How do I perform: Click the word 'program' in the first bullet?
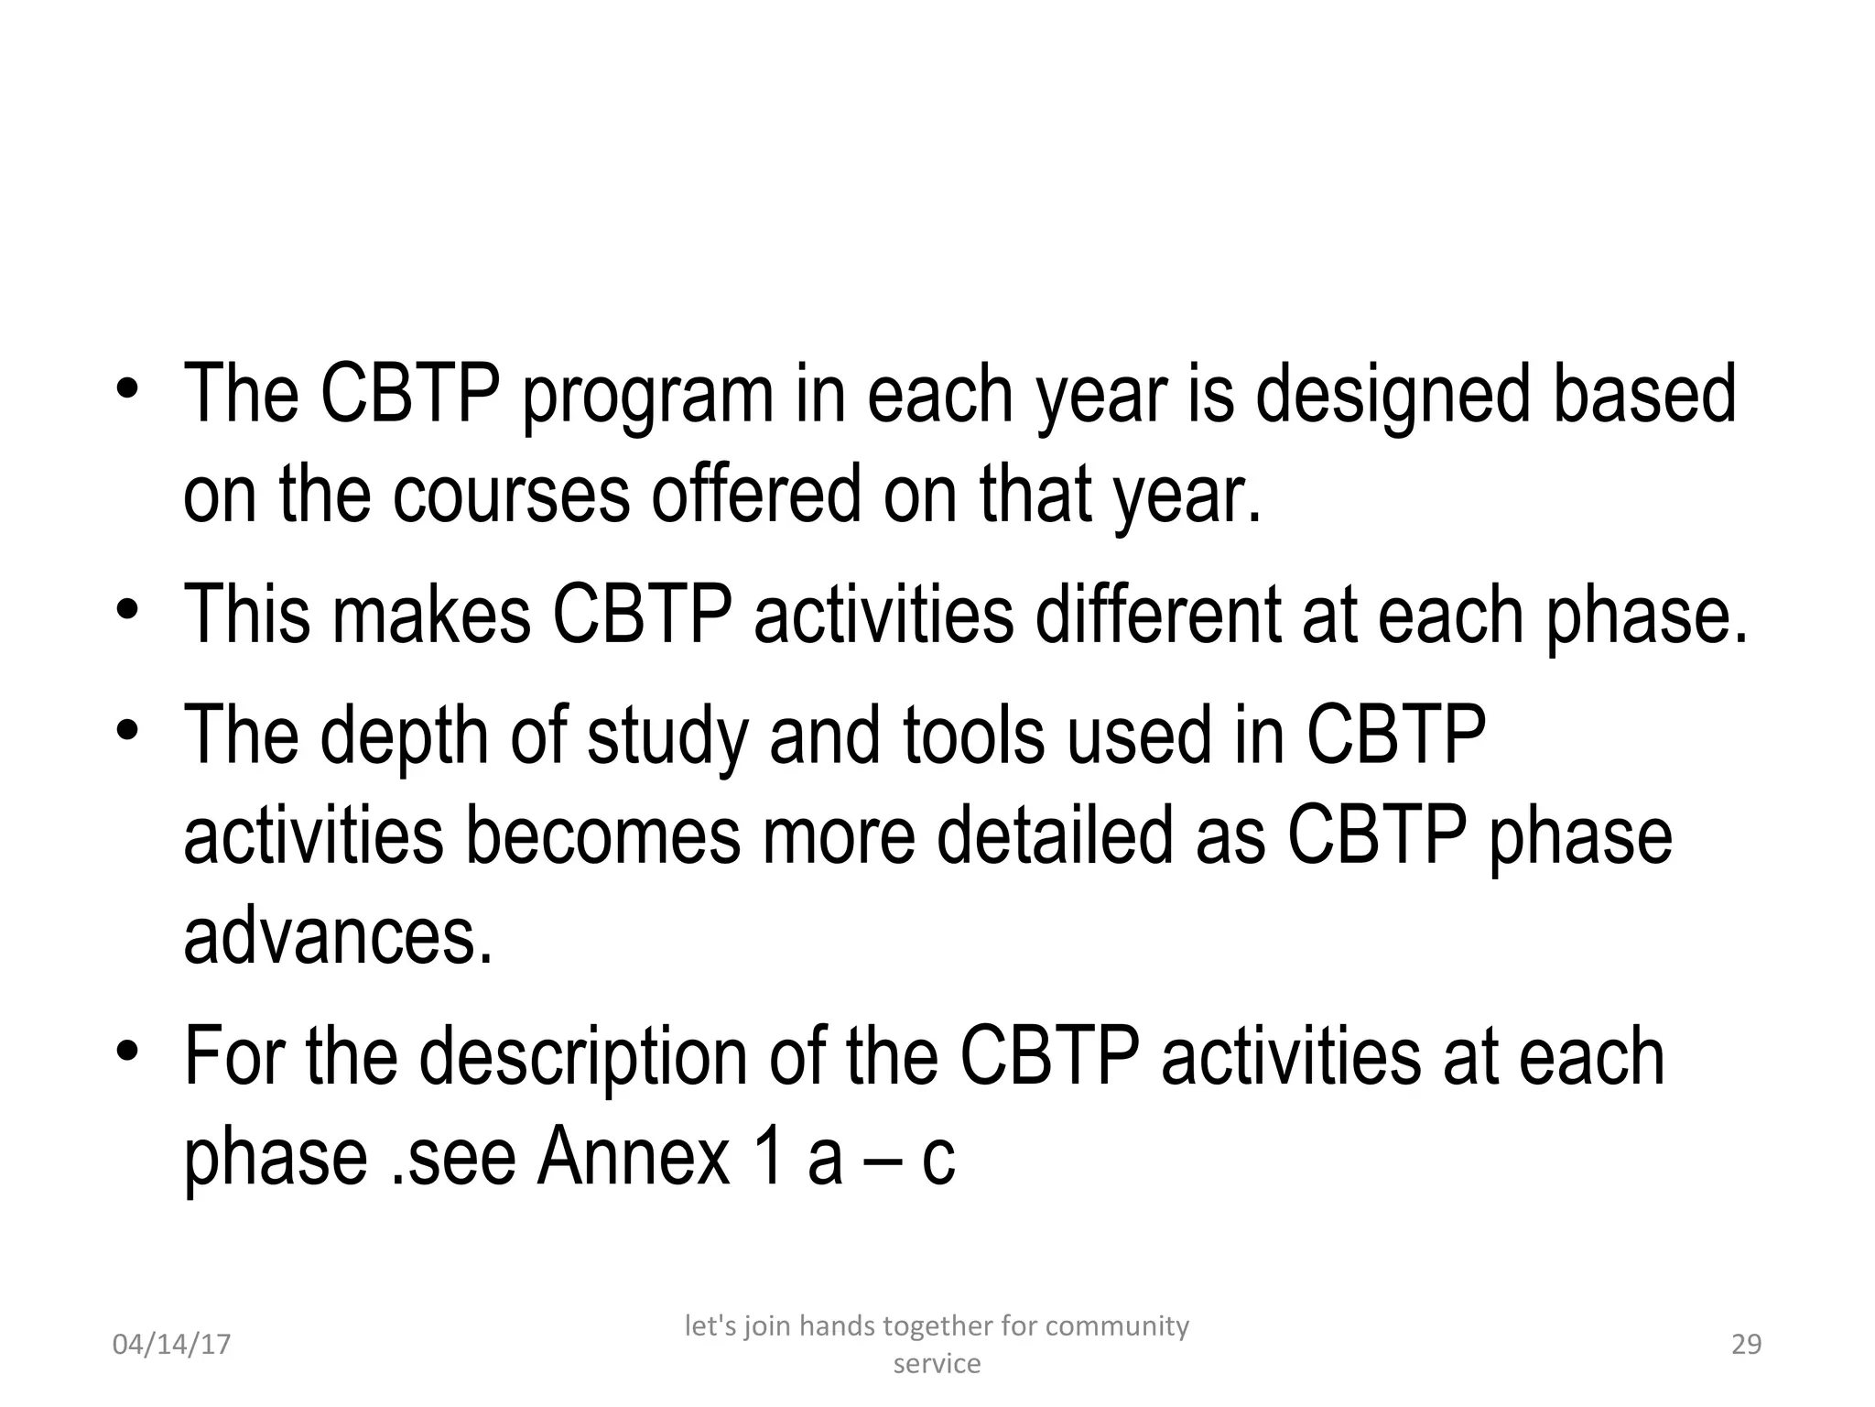pyautogui.click(x=647, y=396)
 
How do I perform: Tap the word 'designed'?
pyautogui.click(x=1393, y=396)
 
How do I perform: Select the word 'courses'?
pyautogui.click(x=511, y=495)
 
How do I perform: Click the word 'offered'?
pyautogui.click(x=756, y=495)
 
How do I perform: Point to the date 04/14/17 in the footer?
pyautogui.click(x=171, y=1345)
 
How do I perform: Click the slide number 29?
pyautogui.click(x=1746, y=1345)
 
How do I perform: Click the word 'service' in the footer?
pyautogui.click(x=937, y=1364)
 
